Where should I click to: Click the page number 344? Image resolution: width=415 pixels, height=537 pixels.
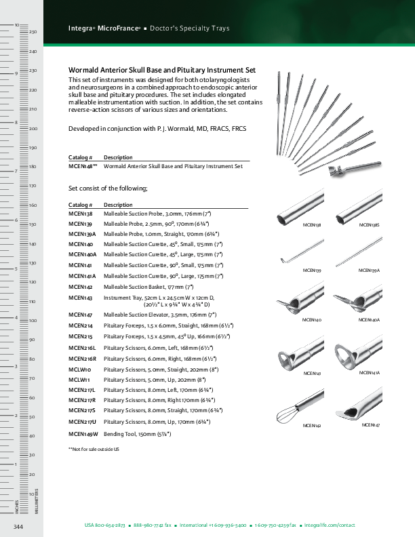(19, 526)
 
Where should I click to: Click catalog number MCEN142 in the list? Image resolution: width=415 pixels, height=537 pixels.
(80, 287)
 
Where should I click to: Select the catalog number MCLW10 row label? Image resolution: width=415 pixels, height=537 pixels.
(79, 370)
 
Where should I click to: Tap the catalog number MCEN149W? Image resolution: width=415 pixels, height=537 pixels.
(83, 433)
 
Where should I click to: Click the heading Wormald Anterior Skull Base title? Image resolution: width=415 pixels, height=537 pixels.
(162, 70)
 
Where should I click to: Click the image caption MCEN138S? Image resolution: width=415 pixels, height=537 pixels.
(369, 225)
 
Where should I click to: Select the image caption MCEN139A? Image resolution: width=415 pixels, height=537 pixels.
(369, 271)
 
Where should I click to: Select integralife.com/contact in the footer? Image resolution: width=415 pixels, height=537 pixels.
(330, 525)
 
